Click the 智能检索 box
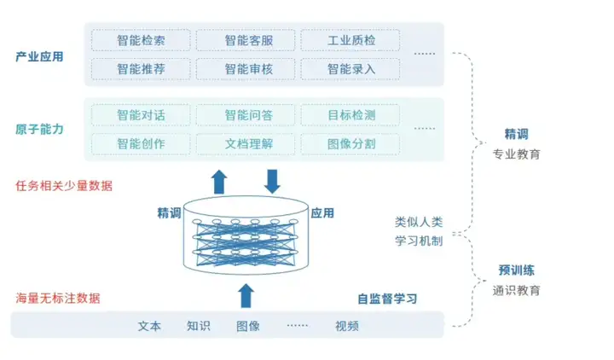click(x=141, y=40)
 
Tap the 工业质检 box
click(x=350, y=40)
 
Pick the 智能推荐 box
click(x=141, y=68)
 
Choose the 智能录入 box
click(x=350, y=68)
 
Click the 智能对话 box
click(x=141, y=114)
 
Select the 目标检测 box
click(x=350, y=114)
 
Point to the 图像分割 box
click(x=350, y=143)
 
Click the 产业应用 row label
click(x=39, y=57)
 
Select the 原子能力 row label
click(x=39, y=129)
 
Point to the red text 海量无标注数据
click(x=58, y=299)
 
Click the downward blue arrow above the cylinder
click(x=272, y=181)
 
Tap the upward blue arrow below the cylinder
click(x=246, y=295)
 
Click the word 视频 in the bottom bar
click(x=347, y=326)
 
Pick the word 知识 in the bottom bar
click(x=199, y=326)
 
